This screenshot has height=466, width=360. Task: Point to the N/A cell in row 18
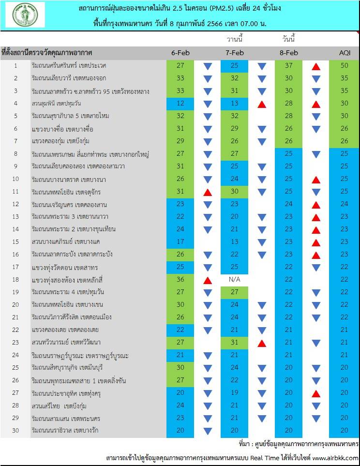pyautogui.click(x=234, y=280)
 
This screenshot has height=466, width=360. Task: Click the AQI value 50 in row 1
pyautogui.click(x=344, y=66)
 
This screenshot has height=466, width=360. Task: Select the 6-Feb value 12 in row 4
pyautogui.click(x=180, y=104)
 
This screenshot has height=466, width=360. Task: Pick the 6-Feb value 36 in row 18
pyautogui.click(x=180, y=280)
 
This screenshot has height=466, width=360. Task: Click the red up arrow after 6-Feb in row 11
pyautogui.click(x=208, y=192)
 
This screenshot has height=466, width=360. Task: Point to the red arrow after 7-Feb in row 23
pyautogui.click(x=262, y=343)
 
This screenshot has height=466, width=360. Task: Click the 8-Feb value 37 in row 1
pyautogui.click(x=288, y=66)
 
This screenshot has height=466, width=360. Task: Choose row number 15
pyautogui.click(x=15, y=241)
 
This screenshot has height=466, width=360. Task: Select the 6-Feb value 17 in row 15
pyautogui.click(x=180, y=242)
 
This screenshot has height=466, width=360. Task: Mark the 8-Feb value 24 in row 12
pyautogui.click(x=288, y=204)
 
